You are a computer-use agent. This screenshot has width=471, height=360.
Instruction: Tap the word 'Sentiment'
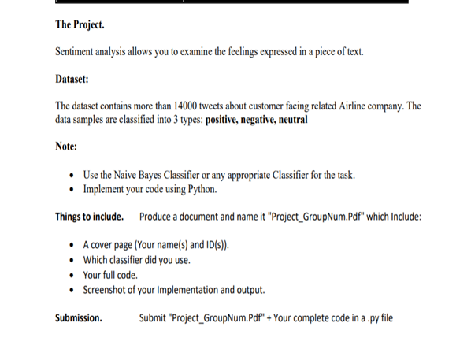[x=80, y=51]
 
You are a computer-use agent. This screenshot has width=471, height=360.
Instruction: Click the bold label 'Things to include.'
[x=90, y=217]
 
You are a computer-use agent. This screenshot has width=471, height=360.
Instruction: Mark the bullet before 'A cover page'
[x=72, y=245]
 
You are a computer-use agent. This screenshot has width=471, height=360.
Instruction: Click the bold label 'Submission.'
[x=79, y=317]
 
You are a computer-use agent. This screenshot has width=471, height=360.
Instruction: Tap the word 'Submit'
[x=155, y=317]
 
